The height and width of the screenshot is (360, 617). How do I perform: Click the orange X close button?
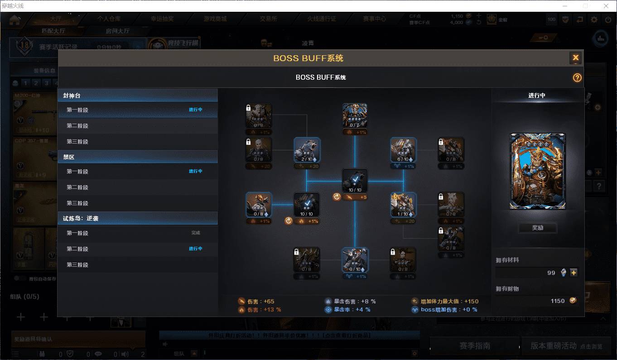tap(575, 58)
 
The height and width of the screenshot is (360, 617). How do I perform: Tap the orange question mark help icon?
tap(577, 77)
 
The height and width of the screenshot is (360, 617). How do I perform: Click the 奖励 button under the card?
tap(537, 228)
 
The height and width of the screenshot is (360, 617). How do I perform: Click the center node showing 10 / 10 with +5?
tap(355, 181)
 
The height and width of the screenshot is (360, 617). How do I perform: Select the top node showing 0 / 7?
tap(355, 116)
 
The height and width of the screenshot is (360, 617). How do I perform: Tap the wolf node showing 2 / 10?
tap(307, 150)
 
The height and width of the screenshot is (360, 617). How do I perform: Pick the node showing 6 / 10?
tap(403, 150)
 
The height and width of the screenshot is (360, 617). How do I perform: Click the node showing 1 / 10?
tap(403, 205)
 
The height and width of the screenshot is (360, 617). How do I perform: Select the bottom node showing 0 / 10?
tap(355, 259)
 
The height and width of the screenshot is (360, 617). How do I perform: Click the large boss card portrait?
tap(537, 171)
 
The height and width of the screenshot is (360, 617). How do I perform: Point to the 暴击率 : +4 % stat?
tap(348, 310)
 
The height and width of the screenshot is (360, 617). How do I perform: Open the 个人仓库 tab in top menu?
tap(109, 19)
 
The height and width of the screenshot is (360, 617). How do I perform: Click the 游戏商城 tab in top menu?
tap(215, 19)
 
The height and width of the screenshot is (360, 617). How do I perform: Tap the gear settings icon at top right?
tap(594, 19)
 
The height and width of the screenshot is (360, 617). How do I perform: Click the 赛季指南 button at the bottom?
tap(474, 346)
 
